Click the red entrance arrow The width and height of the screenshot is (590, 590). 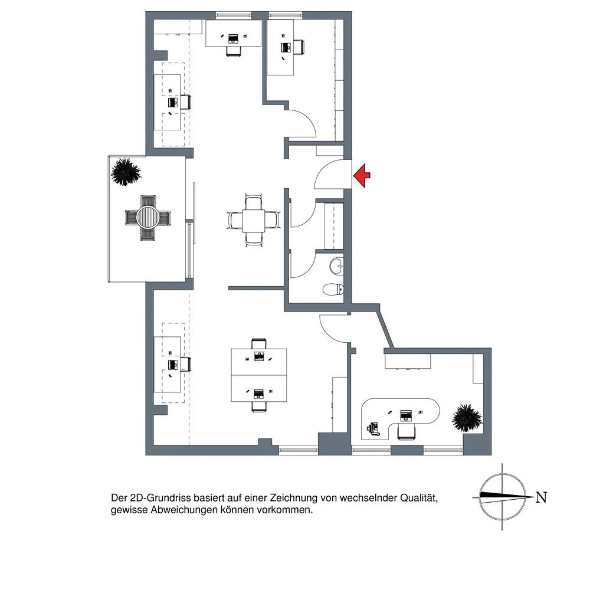click(x=362, y=175)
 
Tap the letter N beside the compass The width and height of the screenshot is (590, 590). click(x=541, y=497)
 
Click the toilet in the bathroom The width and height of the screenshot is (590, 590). click(x=333, y=289)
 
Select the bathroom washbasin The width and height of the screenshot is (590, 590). click(x=336, y=267)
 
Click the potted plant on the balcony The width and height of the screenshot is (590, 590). click(x=126, y=172)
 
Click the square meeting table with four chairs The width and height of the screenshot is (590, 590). click(x=254, y=221)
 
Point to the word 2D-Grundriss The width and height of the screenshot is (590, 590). click(x=160, y=498)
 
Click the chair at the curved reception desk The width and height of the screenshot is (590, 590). click(x=407, y=431)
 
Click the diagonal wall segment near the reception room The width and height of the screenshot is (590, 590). click(x=386, y=327)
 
